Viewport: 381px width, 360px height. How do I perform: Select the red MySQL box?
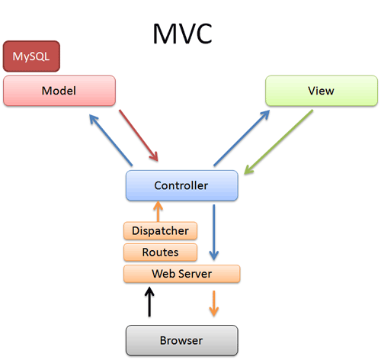(x=31, y=56)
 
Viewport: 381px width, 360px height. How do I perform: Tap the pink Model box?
(x=59, y=90)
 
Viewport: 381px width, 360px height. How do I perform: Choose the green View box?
(x=321, y=90)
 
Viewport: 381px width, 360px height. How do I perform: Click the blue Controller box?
(x=181, y=185)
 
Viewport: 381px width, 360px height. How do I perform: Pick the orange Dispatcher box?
(x=160, y=230)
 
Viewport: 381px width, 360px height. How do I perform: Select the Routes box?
(x=160, y=252)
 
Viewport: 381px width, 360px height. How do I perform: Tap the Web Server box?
(x=181, y=273)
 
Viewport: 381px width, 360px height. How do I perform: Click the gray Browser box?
(x=181, y=338)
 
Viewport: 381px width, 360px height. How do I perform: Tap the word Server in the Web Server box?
(x=194, y=273)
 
